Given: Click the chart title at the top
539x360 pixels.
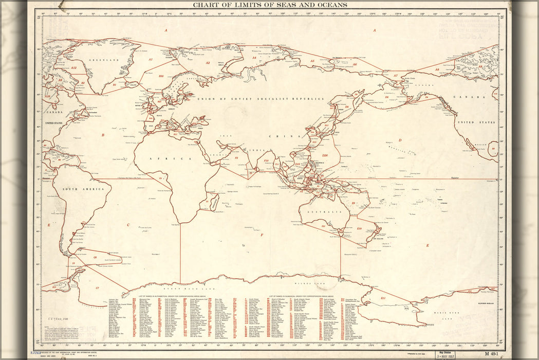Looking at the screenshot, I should (269, 5).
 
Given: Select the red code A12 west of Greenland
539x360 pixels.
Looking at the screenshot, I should (74, 67).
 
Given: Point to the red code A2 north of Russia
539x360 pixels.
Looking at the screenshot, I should (208, 63).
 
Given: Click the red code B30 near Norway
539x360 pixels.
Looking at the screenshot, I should (161, 76).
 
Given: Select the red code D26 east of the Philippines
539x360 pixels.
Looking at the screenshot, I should (325, 155).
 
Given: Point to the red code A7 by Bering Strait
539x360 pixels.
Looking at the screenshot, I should (395, 76).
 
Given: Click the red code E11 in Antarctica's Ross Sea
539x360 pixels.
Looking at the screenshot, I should (383, 298).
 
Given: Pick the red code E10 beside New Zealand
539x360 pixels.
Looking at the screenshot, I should (359, 228).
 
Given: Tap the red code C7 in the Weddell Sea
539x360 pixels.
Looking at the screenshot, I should (97, 287).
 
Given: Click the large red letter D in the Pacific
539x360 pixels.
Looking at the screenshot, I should (399, 139).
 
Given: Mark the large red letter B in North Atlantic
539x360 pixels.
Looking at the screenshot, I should (103, 135).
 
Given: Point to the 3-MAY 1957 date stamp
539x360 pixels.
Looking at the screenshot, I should (447, 355).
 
